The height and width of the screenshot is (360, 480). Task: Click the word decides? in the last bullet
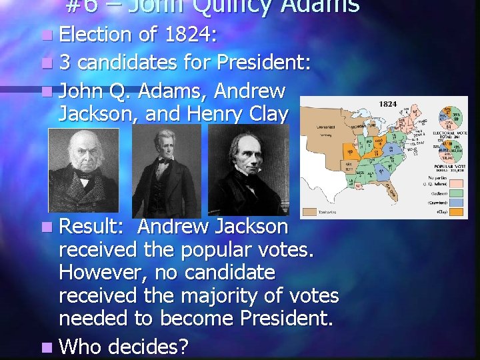[148, 346]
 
